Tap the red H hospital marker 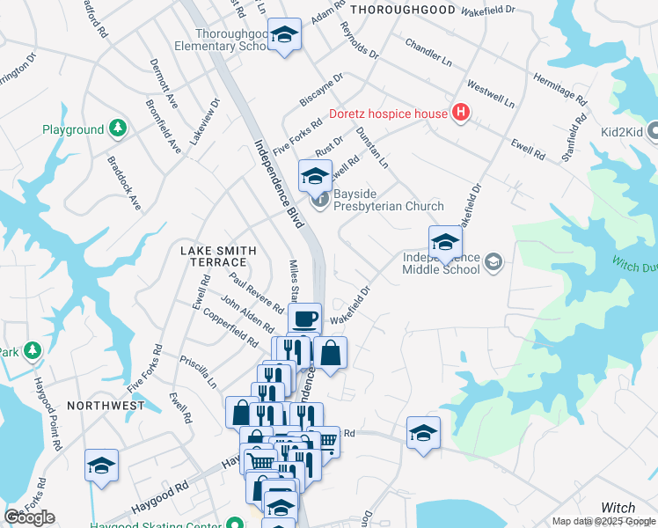click(x=460, y=113)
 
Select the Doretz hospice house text click(x=388, y=114)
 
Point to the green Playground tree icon click(x=117, y=129)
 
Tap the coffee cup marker click(x=304, y=319)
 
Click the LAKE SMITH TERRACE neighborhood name click(x=218, y=256)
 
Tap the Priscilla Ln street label click(x=198, y=373)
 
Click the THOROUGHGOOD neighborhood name click(x=403, y=10)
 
